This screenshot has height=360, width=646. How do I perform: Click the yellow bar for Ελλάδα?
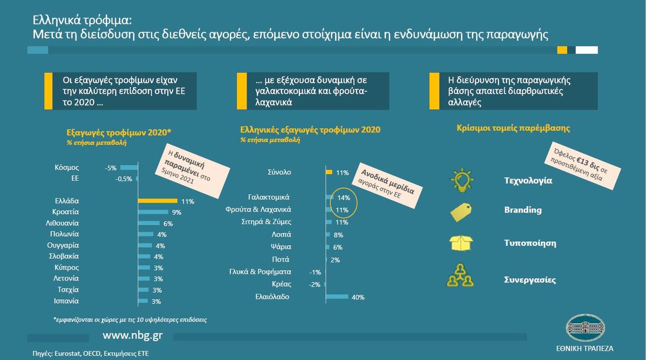point(158,201)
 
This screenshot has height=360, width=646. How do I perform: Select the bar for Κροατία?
point(153,212)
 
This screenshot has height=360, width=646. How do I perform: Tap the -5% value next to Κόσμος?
point(111,168)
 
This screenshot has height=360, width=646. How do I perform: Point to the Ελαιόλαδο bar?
point(337,297)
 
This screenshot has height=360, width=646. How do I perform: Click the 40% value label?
point(358,297)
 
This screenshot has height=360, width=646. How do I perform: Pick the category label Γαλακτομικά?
point(269,197)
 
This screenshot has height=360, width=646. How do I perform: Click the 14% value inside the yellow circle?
point(343,197)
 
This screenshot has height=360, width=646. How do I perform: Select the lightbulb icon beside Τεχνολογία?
point(462,180)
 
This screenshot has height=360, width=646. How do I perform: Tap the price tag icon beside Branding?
point(461,212)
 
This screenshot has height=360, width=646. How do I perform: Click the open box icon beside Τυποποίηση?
point(461,243)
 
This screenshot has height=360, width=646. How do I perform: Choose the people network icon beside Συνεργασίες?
point(460,276)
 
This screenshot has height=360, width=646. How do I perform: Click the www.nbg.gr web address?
point(132,335)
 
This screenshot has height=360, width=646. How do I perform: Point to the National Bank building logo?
point(586,328)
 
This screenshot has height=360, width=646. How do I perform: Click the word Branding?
point(523,210)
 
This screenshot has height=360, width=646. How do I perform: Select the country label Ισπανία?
point(66,301)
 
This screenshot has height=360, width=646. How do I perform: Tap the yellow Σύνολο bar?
point(329,172)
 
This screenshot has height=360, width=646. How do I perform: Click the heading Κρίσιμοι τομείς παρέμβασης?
point(513,128)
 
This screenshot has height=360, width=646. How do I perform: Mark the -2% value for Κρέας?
point(314,285)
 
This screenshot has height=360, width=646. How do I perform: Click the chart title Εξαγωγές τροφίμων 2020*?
point(119,132)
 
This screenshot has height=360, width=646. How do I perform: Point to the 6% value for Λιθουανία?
point(168,224)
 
